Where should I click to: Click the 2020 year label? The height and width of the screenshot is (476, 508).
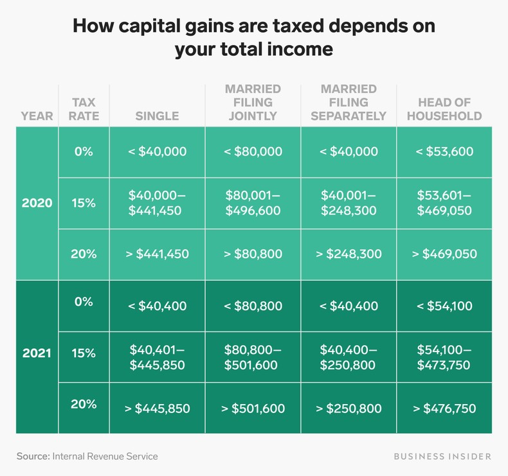point(37,202)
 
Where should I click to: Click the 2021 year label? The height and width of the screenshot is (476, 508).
point(37,353)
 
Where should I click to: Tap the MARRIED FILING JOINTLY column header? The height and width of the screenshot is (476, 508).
point(253,102)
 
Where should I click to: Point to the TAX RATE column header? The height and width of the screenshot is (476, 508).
point(84,109)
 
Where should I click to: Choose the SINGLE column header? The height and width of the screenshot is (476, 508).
point(157,116)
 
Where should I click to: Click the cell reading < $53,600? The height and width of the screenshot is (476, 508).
point(445,152)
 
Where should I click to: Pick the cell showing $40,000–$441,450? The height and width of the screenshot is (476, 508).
point(157,202)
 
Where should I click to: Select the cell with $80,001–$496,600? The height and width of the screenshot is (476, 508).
point(253,202)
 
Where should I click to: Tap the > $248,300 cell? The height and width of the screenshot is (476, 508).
point(348,254)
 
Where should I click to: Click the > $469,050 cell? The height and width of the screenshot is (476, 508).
point(445,254)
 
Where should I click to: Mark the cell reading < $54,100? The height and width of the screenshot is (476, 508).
point(445,306)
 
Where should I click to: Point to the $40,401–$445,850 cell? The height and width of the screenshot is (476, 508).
point(157,357)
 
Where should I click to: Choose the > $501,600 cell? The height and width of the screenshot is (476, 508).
point(253,409)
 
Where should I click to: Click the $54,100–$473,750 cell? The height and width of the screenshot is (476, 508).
point(445,357)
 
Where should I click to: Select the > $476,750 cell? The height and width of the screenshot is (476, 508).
point(445,409)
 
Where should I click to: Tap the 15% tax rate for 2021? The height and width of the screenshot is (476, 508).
point(84,353)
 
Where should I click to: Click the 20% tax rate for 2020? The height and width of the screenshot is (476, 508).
point(84,254)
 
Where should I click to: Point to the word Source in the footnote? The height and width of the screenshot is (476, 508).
point(32,456)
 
